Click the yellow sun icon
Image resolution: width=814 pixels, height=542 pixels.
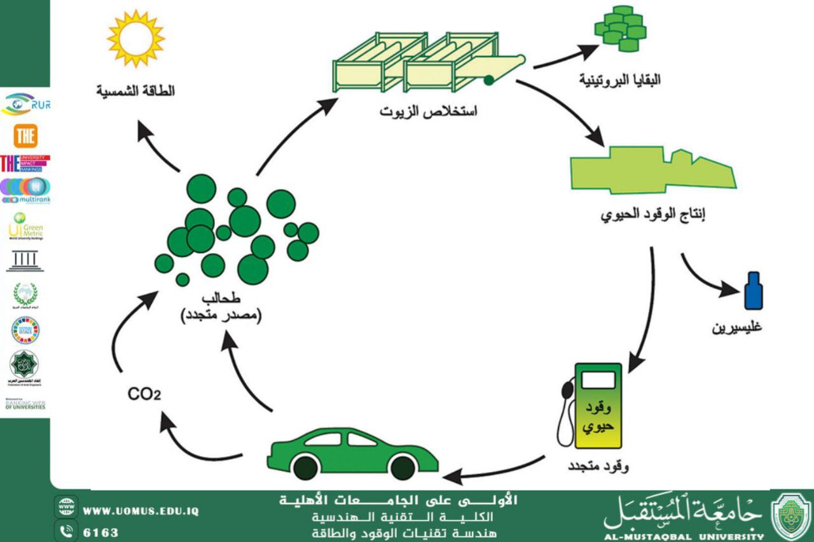coord(135,38)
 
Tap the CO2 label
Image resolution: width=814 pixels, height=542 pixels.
coord(144,394)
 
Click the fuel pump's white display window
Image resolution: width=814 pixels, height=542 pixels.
coord(598,380)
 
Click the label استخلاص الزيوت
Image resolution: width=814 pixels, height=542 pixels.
coord(429,111)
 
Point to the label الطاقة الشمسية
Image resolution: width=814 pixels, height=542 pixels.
coord(135,91)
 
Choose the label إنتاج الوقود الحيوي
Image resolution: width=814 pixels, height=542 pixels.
coord(653,214)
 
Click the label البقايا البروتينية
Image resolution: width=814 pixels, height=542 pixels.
coord(619,80)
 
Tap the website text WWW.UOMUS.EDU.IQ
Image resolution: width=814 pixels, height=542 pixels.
coord(141,511)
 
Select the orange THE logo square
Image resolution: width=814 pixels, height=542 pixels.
coord(25,135)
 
